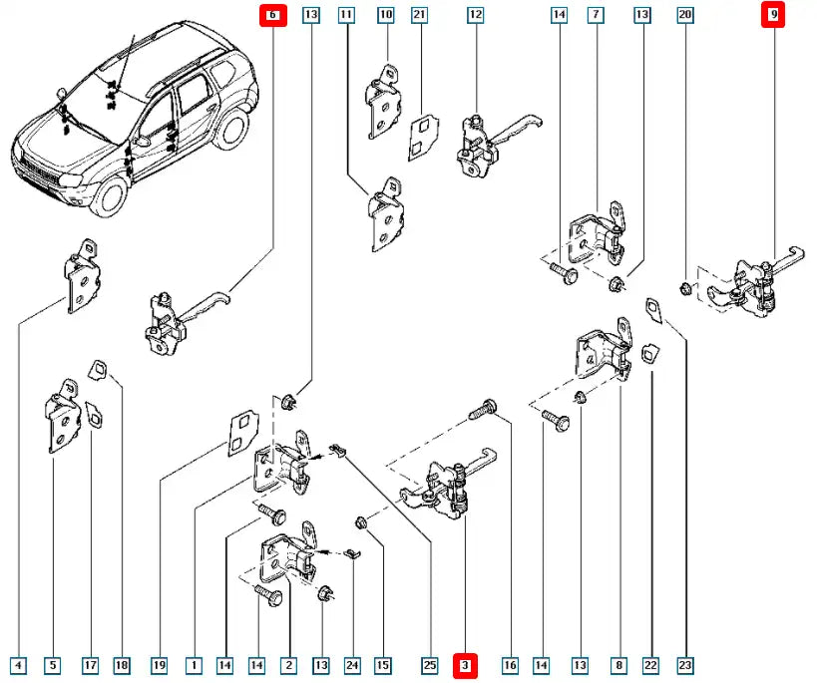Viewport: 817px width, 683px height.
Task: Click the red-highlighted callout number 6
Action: point(271,15)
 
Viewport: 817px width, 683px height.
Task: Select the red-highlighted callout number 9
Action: point(773,15)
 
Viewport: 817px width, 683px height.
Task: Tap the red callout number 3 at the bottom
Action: point(466,664)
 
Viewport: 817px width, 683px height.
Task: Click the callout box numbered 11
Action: point(346,15)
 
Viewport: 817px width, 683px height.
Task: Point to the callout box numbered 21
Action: point(420,15)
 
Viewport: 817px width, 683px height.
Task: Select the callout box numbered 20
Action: point(684,15)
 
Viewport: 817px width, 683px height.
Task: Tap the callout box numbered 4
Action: point(18,664)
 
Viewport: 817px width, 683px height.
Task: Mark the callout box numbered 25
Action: point(430,664)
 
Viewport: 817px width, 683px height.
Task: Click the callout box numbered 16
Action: point(511,664)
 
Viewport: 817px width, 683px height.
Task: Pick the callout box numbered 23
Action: point(686,664)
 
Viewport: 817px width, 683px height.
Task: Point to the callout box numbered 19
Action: point(159,664)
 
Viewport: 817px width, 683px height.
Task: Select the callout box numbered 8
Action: point(620,664)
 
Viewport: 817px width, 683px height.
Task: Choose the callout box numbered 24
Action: point(352,664)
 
